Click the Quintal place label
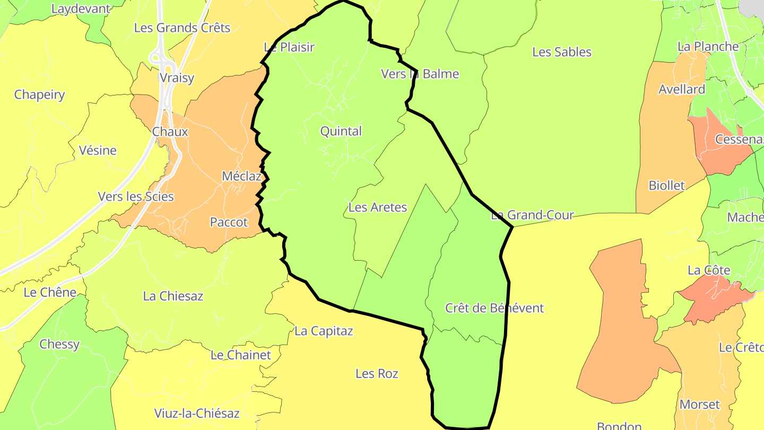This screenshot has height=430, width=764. point(341,131)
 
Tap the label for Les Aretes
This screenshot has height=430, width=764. point(377,207)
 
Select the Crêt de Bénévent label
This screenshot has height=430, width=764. point(494,308)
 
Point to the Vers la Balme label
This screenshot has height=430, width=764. point(420,74)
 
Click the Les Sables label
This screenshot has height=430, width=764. point(561,52)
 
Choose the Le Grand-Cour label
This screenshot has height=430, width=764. point(532,215)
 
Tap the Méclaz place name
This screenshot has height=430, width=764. point(241,176)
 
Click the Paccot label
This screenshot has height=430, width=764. point(229,222)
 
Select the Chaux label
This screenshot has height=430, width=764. point(170,132)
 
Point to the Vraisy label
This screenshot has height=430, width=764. point(177,78)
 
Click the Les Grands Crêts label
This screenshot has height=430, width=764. point(182,28)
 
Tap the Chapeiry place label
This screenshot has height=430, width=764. point(39,95)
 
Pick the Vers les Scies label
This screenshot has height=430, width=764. point(136,196)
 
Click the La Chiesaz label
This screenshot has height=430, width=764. point(173,296)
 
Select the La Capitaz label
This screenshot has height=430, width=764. point(324,331)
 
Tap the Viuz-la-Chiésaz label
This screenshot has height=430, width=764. point(197,413)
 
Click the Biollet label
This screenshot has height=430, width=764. point(666,186)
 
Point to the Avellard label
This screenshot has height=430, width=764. point(682,89)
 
